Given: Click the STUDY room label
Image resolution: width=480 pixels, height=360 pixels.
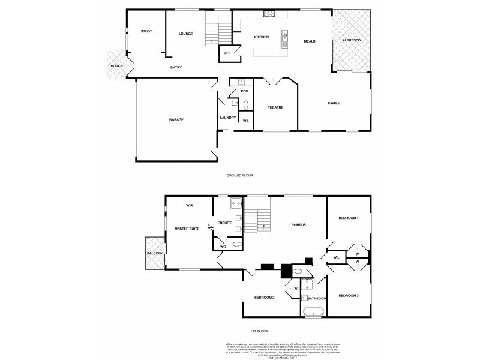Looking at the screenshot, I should [146, 31].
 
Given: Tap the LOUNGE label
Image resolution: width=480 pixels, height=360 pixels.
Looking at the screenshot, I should [185, 34].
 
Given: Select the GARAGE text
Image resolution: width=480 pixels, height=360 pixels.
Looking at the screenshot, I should [176, 120].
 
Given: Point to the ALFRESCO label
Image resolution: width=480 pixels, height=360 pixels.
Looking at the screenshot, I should [351, 40].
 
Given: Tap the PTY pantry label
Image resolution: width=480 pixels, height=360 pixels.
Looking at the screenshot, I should [227, 54].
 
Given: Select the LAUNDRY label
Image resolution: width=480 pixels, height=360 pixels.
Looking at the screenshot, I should [227, 118].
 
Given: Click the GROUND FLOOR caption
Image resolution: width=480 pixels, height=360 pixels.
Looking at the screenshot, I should [240, 176].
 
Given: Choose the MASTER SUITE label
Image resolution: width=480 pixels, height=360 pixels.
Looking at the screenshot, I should [186, 229].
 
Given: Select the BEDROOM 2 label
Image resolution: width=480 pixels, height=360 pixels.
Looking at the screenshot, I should [264, 298].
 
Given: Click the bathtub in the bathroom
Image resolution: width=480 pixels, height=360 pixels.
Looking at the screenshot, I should [313, 311].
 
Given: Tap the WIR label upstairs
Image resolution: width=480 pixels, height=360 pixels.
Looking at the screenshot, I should [189, 205].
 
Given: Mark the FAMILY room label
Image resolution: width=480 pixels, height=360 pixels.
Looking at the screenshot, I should [334, 103].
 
